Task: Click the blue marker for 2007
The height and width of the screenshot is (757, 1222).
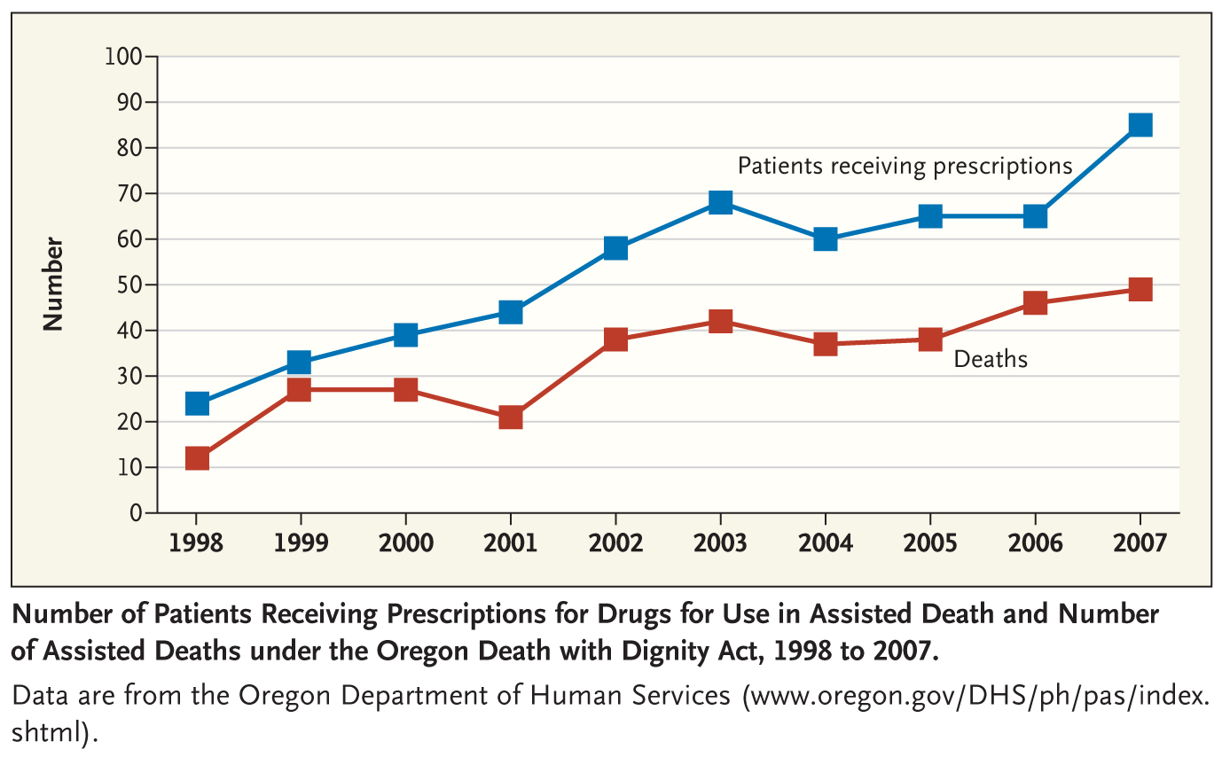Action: coord(1140,124)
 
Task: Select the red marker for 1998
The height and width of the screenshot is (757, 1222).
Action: coord(196,458)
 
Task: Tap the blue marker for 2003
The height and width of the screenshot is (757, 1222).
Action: coord(720,202)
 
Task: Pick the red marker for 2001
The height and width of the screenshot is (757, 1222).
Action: coord(510,417)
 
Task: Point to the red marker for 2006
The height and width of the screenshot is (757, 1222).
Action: coord(1035,302)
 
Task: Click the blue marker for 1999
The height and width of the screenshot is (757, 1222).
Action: coord(300,362)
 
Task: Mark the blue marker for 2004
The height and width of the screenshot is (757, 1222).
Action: coord(825,238)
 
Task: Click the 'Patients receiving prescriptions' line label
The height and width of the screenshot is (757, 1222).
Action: coord(905,166)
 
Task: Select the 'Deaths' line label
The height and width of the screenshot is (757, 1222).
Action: coord(991,359)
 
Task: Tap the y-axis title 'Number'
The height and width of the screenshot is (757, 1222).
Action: coord(54,284)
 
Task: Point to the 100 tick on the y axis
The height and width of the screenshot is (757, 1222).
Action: coord(124,57)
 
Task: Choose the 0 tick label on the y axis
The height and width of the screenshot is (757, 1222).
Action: coord(136,513)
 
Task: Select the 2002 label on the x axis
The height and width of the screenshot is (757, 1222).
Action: coord(615,542)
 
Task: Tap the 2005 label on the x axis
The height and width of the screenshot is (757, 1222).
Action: coord(930,542)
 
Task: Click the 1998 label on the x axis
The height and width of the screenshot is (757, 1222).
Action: coord(196,542)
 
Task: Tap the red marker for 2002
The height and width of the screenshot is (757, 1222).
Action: coord(615,339)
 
